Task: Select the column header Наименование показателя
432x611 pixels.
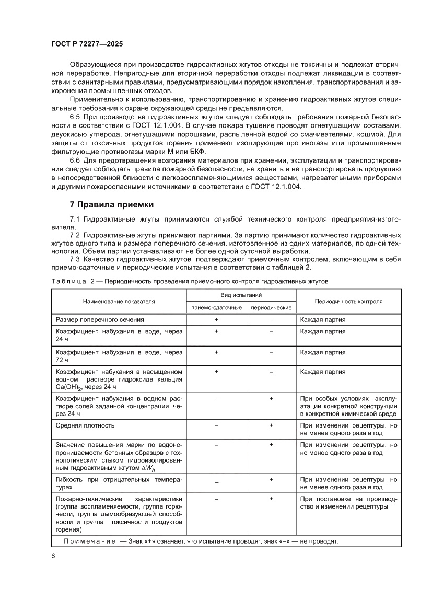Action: (x=119, y=302)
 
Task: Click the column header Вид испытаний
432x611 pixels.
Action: (x=241, y=295)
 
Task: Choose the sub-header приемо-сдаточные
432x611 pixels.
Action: (x=216, y=308)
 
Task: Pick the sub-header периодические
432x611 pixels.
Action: (x=271, y=308)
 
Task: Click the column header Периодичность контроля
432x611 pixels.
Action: (x=348, y=302)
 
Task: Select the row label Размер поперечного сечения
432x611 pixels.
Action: (x=100, y=319)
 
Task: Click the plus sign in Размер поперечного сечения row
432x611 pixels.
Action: (x=216, y=319)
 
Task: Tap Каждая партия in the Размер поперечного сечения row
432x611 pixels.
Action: (x=323, y=319)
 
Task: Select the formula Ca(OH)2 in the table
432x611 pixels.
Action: (x=71, y=387)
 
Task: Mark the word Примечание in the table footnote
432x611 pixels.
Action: (x=89, y=541)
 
